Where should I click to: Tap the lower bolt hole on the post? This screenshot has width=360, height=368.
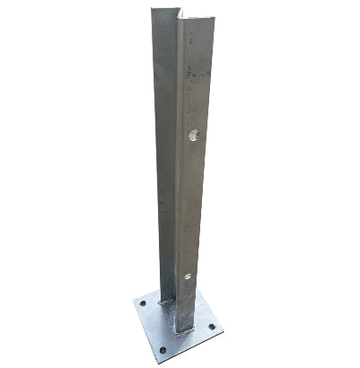(187, 276)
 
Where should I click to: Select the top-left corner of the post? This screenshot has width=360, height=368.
(152, 11)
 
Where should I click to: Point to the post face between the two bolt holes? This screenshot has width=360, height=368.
(191, 206)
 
